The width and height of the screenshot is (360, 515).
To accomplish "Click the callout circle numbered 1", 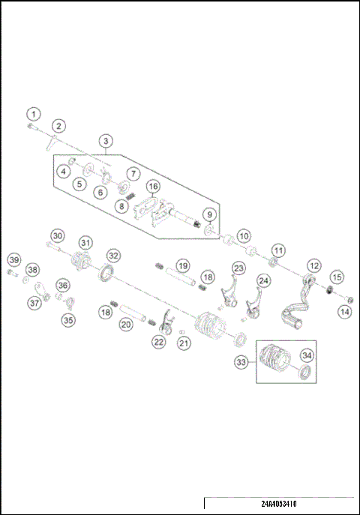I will [x=32, y=114].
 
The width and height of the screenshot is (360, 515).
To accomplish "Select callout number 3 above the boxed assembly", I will [x=106, y=140].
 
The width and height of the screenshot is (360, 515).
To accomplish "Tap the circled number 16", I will [x=153, y=186].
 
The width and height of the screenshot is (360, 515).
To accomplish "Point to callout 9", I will [x=209, y=215].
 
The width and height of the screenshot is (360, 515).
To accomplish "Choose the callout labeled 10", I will [x=244, y=235].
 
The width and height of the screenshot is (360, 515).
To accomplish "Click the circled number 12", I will [x=314, y=265].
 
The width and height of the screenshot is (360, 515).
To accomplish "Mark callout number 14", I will [x=345, y=310].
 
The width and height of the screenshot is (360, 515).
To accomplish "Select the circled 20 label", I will [x=126, y=324].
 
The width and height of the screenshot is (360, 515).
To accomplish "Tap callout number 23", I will [x=238, y=268].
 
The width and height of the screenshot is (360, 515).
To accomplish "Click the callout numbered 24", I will [x=263, y=280].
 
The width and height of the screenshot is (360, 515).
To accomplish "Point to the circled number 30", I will [x=58, y=235].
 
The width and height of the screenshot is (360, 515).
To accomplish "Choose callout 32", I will [x=113, y=256].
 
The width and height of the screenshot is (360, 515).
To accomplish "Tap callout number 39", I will [x=14, y=259].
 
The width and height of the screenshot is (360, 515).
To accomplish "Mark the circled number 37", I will [x=34, y=303].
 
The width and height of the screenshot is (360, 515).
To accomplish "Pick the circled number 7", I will [x=133, y=173].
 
